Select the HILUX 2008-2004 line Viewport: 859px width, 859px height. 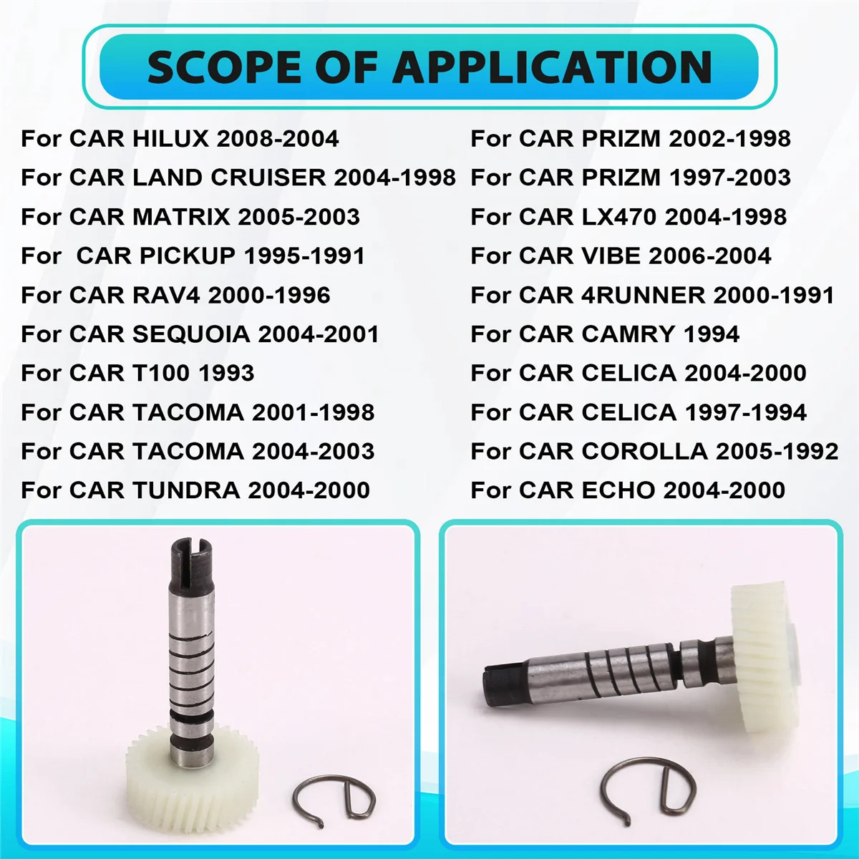(x=180, y=138)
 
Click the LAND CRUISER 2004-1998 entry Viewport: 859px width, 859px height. (x=238, y=178)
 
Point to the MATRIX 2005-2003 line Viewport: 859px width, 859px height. (x=190, y=216)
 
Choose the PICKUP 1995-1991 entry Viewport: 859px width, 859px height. (x=193, y=256)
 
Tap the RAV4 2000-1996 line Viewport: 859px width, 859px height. (x=175, y=295)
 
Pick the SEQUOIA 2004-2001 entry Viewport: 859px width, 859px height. (x=200, y=334)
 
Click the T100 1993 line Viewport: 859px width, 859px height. (x=137, y=373)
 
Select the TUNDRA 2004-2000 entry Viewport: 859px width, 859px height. (x=195, y=490)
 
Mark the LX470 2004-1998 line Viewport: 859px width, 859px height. (x=629, y=216)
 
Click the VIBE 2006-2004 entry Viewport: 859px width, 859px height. (x=621, y=256)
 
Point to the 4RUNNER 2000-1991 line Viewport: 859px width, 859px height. (x=652, y=295)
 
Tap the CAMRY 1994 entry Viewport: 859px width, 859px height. (x=605, y=334)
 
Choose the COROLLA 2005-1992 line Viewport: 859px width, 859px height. (x=654, y=451)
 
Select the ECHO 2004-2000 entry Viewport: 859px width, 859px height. (x=628, y=490)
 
